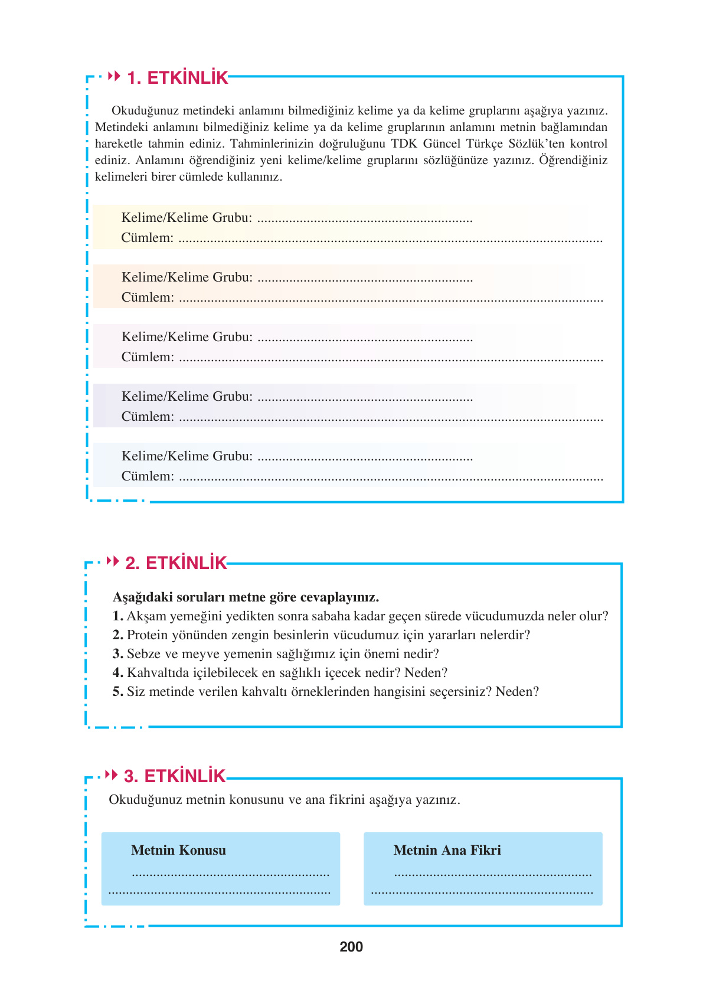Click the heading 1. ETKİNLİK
(178, 78)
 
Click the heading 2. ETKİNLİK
(176, 563)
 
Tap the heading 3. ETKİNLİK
(175, 776)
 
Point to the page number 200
(351, 947)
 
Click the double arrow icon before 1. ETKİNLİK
(115, 77)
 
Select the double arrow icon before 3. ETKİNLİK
(111, 774)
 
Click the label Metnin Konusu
(178, 850)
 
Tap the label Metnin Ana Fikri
(447, 850)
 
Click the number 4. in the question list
(117, 673)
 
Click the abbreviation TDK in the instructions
(404, 143)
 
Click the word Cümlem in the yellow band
(147, 238)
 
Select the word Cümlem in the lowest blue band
(148, 476)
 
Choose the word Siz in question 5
(136, 692)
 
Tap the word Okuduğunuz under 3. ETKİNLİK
(145, 800)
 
